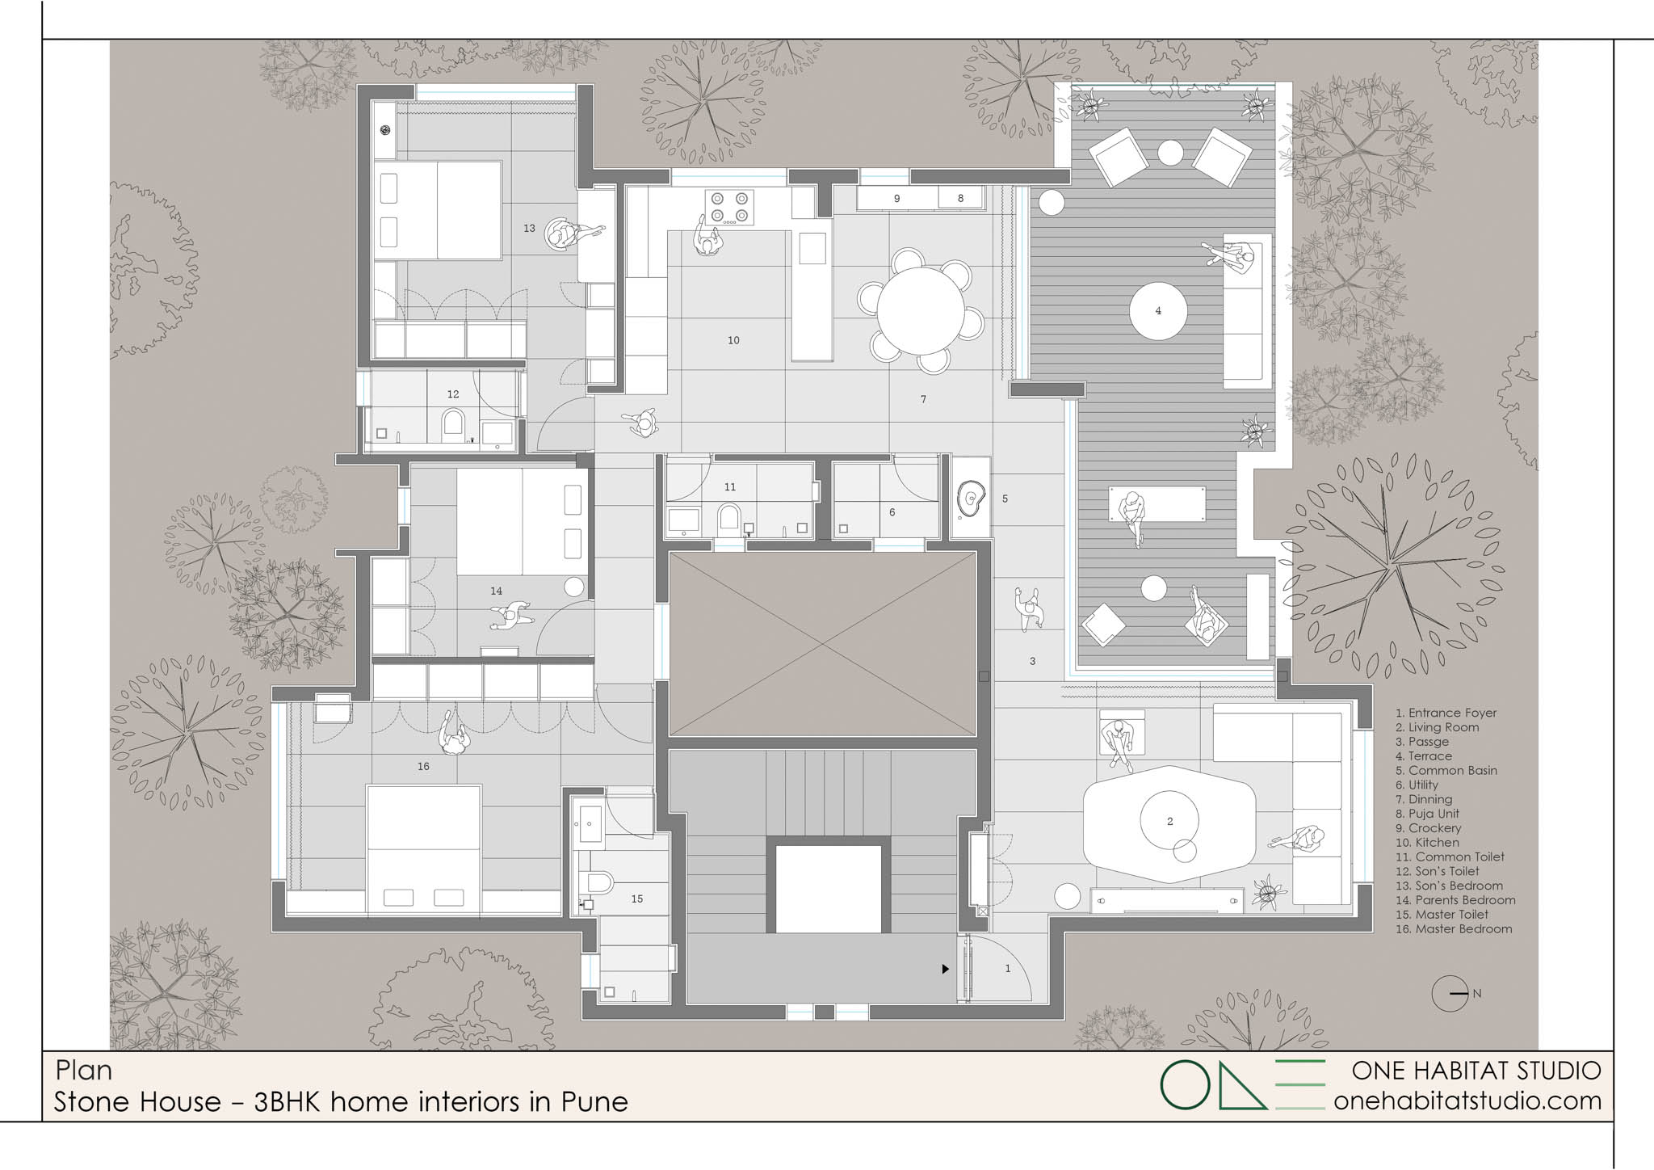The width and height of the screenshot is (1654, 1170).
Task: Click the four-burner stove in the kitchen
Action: click(729, 207)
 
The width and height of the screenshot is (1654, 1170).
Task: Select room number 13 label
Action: click(529, 229)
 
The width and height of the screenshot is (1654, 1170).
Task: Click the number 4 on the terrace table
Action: click(1158, 310)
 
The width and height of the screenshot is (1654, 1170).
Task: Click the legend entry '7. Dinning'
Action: click(1430, 799)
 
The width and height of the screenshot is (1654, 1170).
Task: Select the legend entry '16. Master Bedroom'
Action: click(1454, 929)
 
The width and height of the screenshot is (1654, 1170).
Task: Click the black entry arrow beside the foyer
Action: click(945, 969)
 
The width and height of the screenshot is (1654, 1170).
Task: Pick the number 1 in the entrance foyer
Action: click(1007, 968)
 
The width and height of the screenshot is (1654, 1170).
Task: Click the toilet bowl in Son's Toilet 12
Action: click(453, 425)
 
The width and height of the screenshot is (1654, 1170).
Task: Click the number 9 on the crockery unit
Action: click(896, 198)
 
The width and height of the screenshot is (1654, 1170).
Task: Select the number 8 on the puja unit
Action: click(960, 198)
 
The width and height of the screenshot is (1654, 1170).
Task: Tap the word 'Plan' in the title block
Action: click(84, 1071)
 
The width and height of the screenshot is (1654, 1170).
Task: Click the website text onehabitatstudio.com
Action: click(1467, 1101)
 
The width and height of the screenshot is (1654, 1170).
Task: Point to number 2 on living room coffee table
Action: click(1169, 822)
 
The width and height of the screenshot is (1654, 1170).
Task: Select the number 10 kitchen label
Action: click(733, 340)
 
